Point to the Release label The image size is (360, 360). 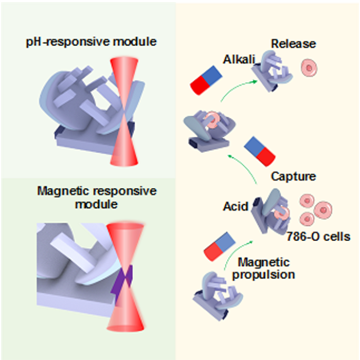[x=295, y=45]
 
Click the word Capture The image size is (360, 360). [x=293, y=176]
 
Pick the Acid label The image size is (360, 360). [x=235, y=207]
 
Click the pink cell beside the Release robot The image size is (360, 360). [x=309, y=67]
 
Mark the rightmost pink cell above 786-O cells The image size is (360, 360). [x=323, y=209]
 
